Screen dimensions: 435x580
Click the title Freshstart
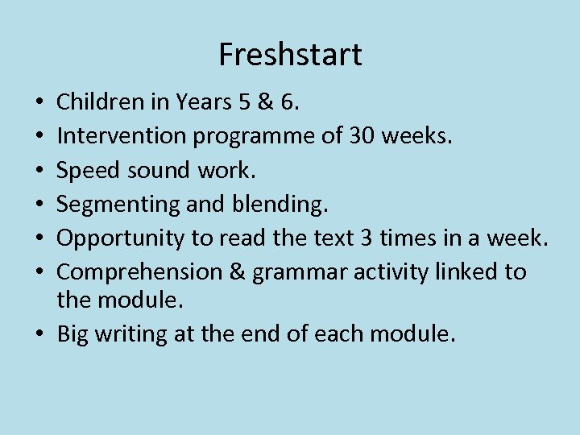(x=290, y=55)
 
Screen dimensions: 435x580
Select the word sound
(x=151, y=171)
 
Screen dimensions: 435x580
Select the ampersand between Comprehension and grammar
(x=238, y=272)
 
